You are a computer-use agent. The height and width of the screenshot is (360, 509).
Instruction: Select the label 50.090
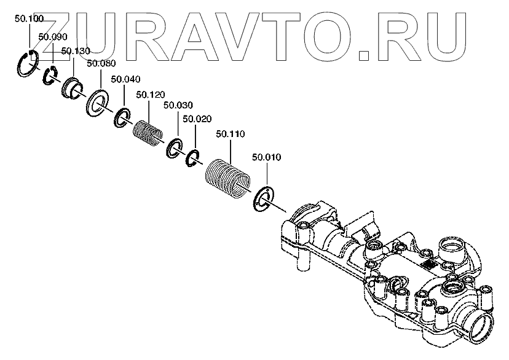[x=52, y=37]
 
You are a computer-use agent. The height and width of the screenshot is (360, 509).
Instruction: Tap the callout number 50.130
[x=75, y=50]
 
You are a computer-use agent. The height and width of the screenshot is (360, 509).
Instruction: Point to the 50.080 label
[x=101, y=63]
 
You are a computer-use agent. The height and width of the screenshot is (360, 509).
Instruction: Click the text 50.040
[x=125, y=79]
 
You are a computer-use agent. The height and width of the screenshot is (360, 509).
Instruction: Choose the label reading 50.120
[x=151, y=95]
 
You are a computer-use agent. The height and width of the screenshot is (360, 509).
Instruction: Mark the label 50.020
[x=197, y=119]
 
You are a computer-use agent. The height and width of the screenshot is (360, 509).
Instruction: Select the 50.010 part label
[x=266, y=157]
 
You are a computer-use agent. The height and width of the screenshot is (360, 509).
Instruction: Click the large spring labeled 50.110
[x=228, y=174]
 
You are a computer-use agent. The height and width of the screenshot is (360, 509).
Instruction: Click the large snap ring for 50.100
[x=28, y=64]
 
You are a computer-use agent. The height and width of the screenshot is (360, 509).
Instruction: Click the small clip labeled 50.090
[x=50, y=76]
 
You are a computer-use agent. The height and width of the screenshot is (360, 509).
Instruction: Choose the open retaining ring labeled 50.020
[x=193, y=159]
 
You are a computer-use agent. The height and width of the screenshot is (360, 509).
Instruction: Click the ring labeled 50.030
[x=173, y=148]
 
